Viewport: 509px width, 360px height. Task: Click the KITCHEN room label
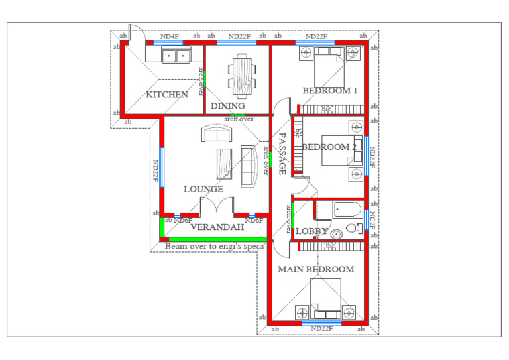[x=166, y=95]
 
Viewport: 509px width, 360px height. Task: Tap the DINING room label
[x=227, y=106]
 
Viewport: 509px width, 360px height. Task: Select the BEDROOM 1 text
[x=329, y=91]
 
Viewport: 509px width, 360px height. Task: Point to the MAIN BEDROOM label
[x=315, y=270]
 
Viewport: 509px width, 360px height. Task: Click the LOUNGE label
[x=203, y=190]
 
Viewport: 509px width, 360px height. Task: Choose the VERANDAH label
[x=217, y=227]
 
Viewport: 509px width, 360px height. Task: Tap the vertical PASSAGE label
[x=282, y=153]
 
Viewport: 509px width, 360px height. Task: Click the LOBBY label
[x=311, y=231]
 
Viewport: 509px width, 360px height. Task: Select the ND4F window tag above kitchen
[x=170, y=36]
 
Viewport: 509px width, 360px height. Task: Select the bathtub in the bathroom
[x=347, y=211]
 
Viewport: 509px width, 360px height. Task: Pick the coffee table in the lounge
[x=224, y=162]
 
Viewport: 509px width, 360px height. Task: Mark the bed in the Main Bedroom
[x=325, y=296]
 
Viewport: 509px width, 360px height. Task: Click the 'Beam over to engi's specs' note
[x=214, y=246]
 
